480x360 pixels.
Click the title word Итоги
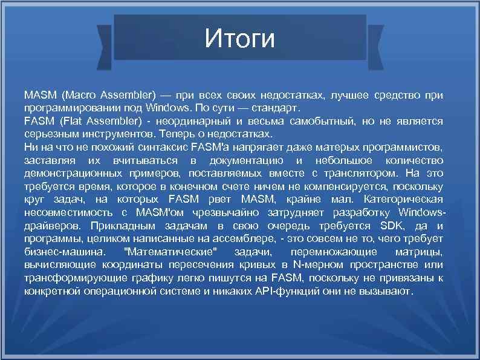coord(239,39)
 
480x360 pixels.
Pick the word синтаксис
coord(161,147)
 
